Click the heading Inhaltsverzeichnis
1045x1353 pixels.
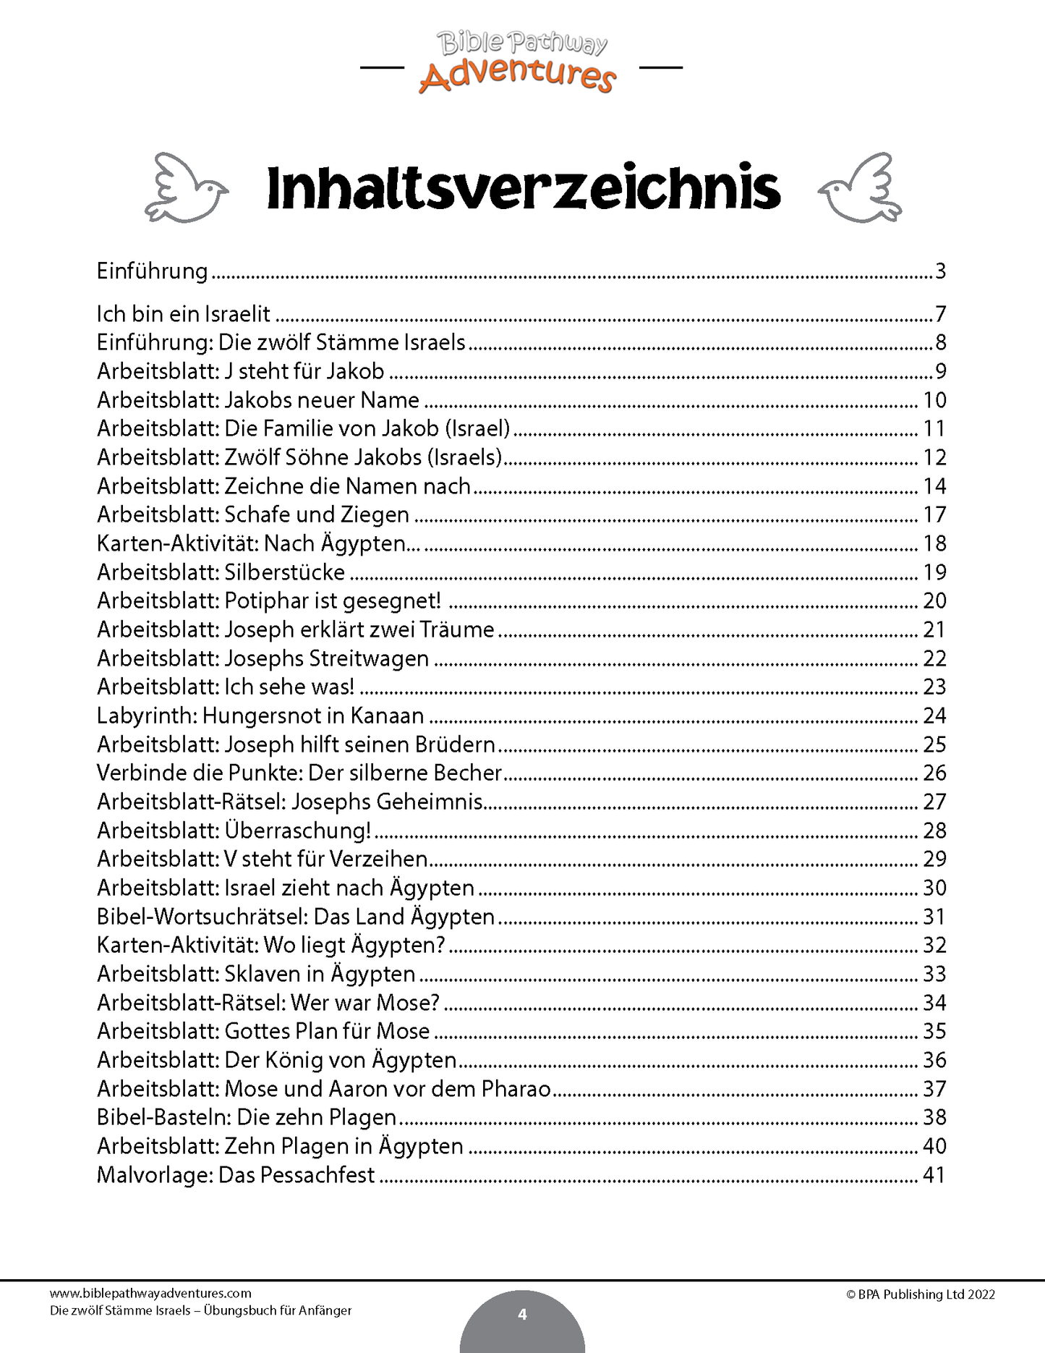pyautogui.click(x=523, y=188)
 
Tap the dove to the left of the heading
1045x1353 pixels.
pyautogui.click(x=187, y=188)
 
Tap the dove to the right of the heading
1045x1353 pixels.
pyautogui.click(x=860, y=188)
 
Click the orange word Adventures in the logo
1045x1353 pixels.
pyautogui.click(x=518, y=76)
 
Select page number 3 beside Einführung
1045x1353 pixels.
pyautogui.click(x=940, y=271)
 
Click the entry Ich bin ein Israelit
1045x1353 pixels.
pyautogui.click(x=184, y=314)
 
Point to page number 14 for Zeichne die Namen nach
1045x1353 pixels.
pyautogui.click(x=934, y=486)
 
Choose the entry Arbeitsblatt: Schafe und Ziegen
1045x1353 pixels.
pyautogui.click(x=253, y=514)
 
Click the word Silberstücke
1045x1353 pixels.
pyautogui.click(x=285, y=572)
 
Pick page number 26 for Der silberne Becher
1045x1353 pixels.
pyautogui.click(x=934, y=773)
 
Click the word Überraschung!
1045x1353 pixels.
pyautogui.click(x=298, y=830)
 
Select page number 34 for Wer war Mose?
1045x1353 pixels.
pyautogui.click(x=934, y=1003)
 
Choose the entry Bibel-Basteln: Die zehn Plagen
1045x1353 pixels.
pyautogui.click(x=247, y=1117)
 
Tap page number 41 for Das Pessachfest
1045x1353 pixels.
pyautogui.click(x=934, y=1175)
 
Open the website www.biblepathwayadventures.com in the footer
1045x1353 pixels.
pyautogui.click(x=150, y=1294)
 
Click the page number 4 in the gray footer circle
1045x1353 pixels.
pyautogui.click(x=522, y=1314)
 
